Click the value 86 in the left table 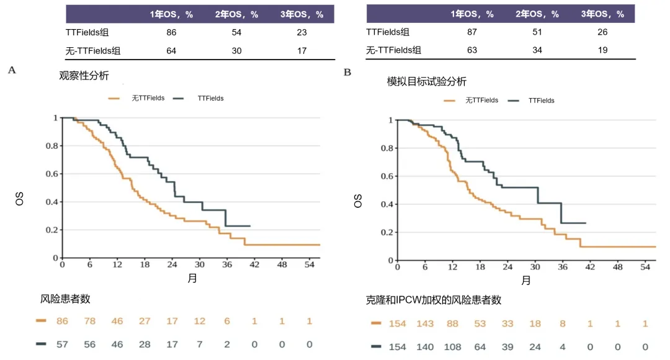[172, 32]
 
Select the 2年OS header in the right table [538, 14]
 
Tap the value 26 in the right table [602, 32]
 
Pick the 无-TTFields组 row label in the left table [93, 50]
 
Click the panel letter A [12, 70]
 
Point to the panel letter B [347, 73]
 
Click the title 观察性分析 [84, 76]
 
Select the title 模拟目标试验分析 [427, 81]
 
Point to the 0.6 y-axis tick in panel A [55, 174]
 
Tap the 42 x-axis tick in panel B [590, 267]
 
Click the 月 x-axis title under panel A [192, 277]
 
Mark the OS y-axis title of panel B [358, 201]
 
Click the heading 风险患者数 [66, 299]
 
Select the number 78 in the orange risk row [90, 321]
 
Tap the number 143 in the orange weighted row [426, 323]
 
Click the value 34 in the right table [537, 50]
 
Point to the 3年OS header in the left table [301, 14]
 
